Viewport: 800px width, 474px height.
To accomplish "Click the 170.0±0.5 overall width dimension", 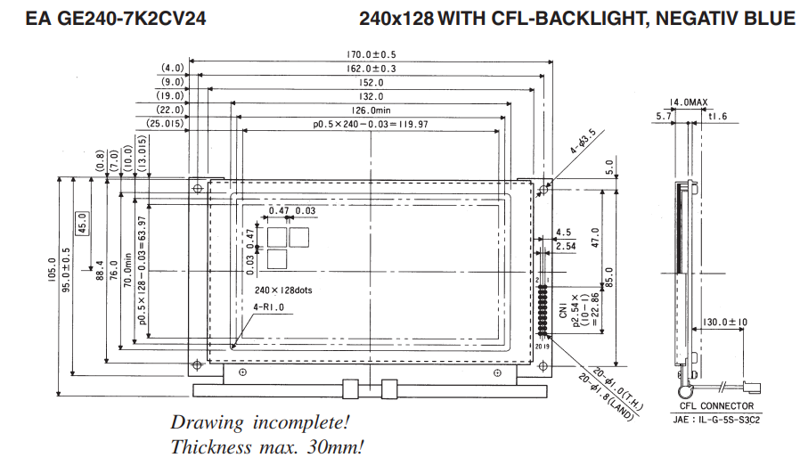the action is click(371, 54).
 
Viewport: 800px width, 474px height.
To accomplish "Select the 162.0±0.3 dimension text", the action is click(371, 69).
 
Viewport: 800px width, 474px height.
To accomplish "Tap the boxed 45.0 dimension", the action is click(82, 224).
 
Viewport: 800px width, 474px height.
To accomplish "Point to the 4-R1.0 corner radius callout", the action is click(268, 307).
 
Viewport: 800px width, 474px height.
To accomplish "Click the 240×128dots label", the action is click(283, 290).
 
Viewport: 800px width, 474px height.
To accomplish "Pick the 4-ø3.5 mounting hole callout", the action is click(582, 142).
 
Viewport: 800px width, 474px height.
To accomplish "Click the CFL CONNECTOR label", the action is click(716, 406).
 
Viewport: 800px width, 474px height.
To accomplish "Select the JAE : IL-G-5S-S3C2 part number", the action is click(716, 420).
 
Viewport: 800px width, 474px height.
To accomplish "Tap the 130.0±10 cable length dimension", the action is click(724, 322).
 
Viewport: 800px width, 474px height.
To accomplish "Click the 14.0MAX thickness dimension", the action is click(689, 102).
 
